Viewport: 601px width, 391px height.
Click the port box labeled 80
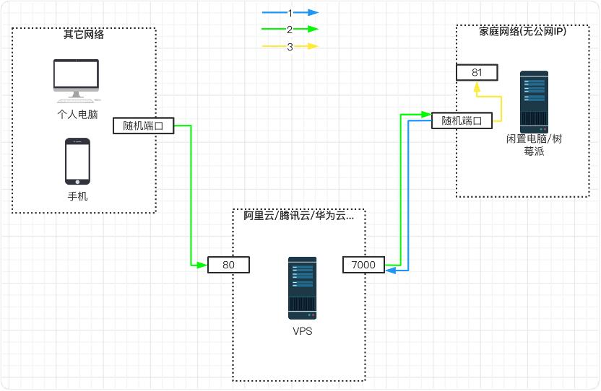click(228, 265)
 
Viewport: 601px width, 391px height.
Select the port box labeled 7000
click(363, 265)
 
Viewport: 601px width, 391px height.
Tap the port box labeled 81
click(477, 72)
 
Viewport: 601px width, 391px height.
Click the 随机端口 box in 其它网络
click(144, 126)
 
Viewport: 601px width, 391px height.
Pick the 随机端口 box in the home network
click(462, 120)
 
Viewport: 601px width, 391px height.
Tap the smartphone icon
click(77, 161)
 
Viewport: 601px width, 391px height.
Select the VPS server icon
click(301, 289)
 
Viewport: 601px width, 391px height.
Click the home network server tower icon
click(534, 101)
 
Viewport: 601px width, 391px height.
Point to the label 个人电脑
click(77, 114)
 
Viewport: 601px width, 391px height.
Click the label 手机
click(77, 196)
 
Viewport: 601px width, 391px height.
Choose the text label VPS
click(302, 331)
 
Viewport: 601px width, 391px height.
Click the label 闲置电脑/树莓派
click(534, 145)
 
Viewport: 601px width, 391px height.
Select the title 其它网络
click(84, 34)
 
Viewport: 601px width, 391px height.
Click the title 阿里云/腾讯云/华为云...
click(299, 215)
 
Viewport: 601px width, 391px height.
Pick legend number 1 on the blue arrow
click(290, 13)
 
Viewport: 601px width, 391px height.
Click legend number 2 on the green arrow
click(290, 30)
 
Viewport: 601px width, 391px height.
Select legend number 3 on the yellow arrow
click(290, 47)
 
